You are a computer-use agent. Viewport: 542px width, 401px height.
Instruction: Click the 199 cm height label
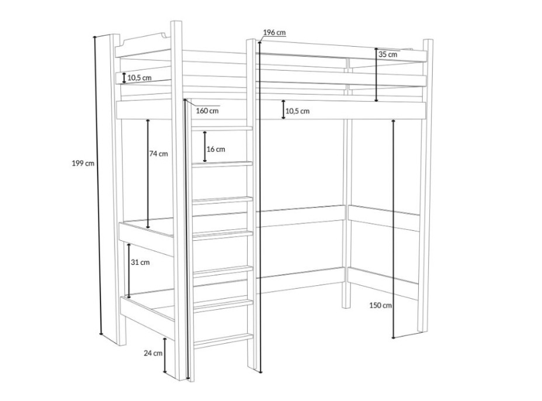pos(83,163)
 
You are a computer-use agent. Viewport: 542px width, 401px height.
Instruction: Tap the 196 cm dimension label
pos(275,33)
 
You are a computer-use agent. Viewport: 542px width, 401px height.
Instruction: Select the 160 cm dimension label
pos(207,110)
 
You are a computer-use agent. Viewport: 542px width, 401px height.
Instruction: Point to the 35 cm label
pos(388,54)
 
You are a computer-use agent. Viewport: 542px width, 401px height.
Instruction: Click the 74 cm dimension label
pos(158,154)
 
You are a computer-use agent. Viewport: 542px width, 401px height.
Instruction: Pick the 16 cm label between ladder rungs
pos(216,149)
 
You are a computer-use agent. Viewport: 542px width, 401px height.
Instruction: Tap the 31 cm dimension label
pos(140,262)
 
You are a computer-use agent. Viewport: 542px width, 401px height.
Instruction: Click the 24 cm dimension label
pos(153,353)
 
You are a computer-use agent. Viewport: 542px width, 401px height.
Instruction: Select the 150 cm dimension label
pos(381,305)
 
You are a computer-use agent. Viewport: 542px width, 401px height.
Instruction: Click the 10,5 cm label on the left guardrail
pos(140,78)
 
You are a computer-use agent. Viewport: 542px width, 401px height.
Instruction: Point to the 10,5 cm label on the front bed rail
pos(297,111)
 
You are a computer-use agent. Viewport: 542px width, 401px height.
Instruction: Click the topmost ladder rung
pos(223,129)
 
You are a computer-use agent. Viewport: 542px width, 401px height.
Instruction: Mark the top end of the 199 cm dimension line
pos(95,37)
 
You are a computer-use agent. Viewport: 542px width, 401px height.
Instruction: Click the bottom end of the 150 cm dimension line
pos(394,338)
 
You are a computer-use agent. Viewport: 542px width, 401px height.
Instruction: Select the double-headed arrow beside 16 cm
pos(205,147)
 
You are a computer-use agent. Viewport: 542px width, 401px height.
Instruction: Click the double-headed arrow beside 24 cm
pos(165,355)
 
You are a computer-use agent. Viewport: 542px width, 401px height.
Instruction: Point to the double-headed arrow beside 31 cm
pos(129,271)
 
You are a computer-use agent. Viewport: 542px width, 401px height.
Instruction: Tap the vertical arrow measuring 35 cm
pos(377,75)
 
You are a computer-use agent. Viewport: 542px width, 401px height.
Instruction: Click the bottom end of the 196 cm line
pos(260,372)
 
